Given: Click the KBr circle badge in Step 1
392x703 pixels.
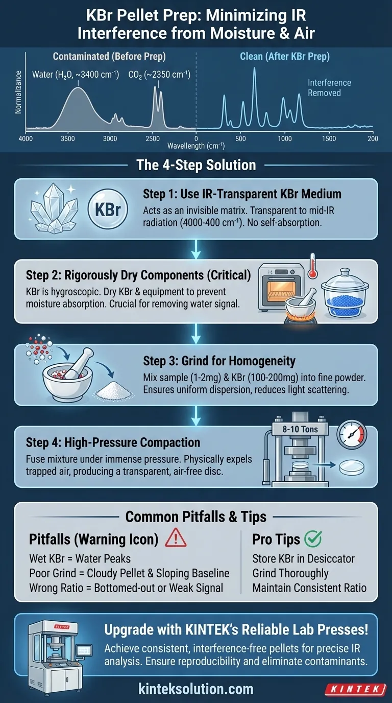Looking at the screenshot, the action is (x=108, y=208).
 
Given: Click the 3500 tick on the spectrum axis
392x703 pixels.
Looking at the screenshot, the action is (x=68, y=139).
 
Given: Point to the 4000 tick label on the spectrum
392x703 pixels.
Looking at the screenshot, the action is (x=26, y=139).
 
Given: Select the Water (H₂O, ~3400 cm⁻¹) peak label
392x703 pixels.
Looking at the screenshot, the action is (x=76, y=75).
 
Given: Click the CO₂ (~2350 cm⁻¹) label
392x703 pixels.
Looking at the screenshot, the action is (x=159, y=75).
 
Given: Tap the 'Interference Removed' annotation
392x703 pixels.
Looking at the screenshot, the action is (x=329, y=88).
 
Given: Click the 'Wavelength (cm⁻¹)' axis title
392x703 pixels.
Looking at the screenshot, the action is (x=196, y=146).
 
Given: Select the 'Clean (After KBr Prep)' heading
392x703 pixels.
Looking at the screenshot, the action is (x=285, y=57).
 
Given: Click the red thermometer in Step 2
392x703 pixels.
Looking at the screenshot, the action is (x=312, y=267).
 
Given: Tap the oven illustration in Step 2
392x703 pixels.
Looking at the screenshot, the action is (x=281, y=287).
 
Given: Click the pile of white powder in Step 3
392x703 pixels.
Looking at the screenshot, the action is (x=114, y=391).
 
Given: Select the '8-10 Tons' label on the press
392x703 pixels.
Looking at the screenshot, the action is (x=300, y=429).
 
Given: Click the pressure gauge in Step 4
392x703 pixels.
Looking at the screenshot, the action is (x=352, y=435).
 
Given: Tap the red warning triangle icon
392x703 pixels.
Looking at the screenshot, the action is (x=176, y=538).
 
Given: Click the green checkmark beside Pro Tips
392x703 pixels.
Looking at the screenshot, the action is (x=313, y=538).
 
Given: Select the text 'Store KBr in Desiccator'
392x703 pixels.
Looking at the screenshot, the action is (x=303, y=558).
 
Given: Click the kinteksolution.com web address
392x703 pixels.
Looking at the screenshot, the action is (x=195, y=689).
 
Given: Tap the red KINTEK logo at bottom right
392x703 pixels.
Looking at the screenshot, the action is (x=356, y=689).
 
